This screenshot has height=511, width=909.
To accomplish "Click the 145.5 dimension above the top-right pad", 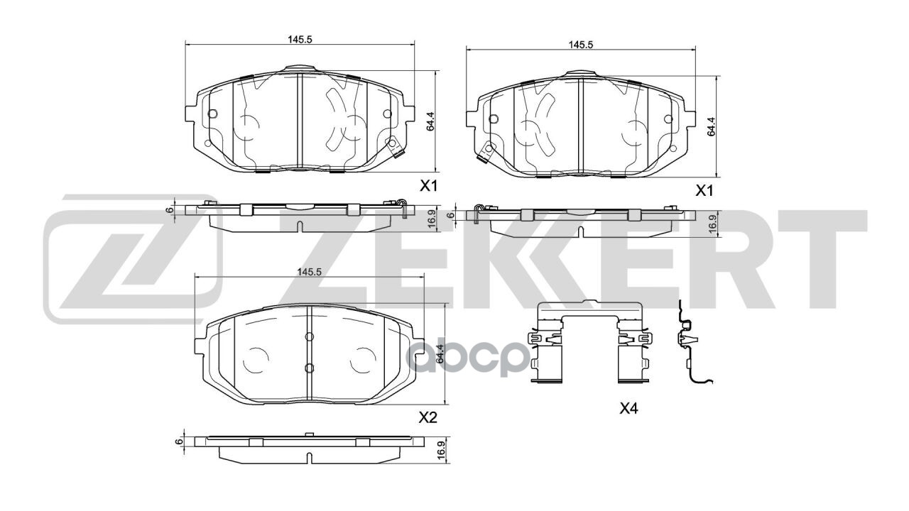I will click(x=580, y=44).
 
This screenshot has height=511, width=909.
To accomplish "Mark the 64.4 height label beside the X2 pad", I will click(x=440, y=353).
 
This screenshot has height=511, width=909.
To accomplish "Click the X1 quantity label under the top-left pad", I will click(x=428, y=187).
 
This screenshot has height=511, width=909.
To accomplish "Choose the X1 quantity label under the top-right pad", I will click(x=703, y=190).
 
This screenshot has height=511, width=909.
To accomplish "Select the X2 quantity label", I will click(x=428, y=418).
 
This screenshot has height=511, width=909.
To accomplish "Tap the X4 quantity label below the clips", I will click(x=629, y=408).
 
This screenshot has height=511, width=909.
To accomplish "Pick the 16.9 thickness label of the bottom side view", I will click(x=440, y=450).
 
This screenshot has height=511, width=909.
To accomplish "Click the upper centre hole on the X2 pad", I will click(x=309, y=336).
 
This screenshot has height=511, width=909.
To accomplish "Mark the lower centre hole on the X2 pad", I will click(x=309, y=367).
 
